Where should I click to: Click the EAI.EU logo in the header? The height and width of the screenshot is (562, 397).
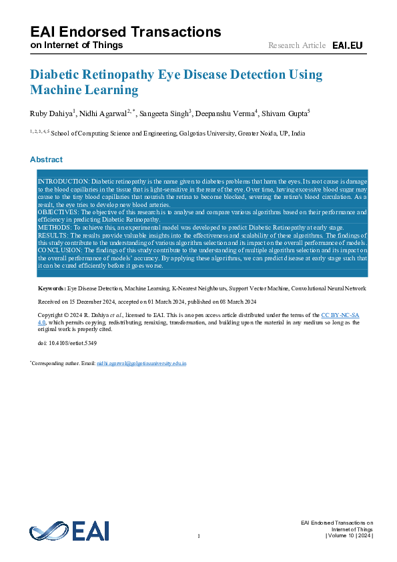pyautogui.click(x=347, y=45)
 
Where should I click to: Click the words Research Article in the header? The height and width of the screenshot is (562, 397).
pyautogui.click(x=297, y=45)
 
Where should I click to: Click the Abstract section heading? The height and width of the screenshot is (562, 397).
pyautogui.click(x=46, y=160)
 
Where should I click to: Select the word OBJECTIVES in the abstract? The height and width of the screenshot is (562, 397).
pyautogui.click(x=59, y=212)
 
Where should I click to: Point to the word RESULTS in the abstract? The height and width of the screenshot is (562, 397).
pyautogui.click(x=53, y=236)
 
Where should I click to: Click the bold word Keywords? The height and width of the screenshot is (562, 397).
pyautogui.click(x=51, y=288)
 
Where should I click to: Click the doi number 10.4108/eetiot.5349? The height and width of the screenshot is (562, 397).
pyautogui.click(x=67, y=343)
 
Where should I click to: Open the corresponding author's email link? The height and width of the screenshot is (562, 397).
pyautogui.click(x=141, y=364)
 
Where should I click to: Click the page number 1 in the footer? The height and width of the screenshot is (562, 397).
pyautogui.click(x=199, y=537)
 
